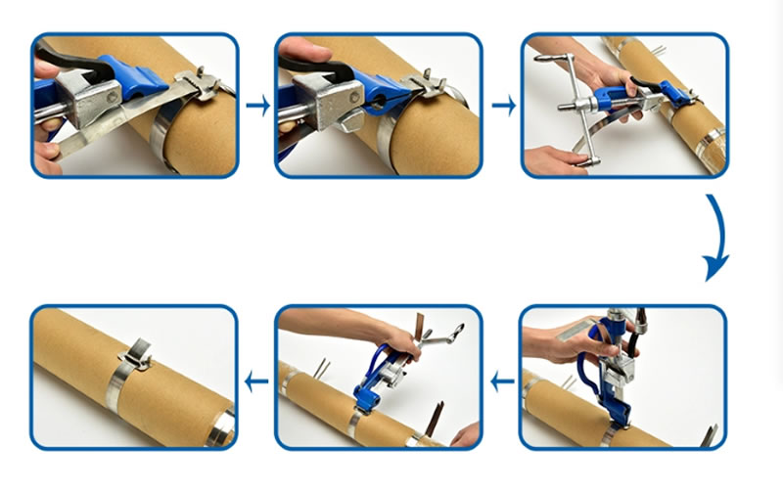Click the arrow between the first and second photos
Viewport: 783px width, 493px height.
(x=257, y=106)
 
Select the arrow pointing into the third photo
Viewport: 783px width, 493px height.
(x=503, y=106)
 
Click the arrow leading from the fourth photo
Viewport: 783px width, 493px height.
(x=503, y=381)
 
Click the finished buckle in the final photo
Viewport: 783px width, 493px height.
(x=136, y=355)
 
